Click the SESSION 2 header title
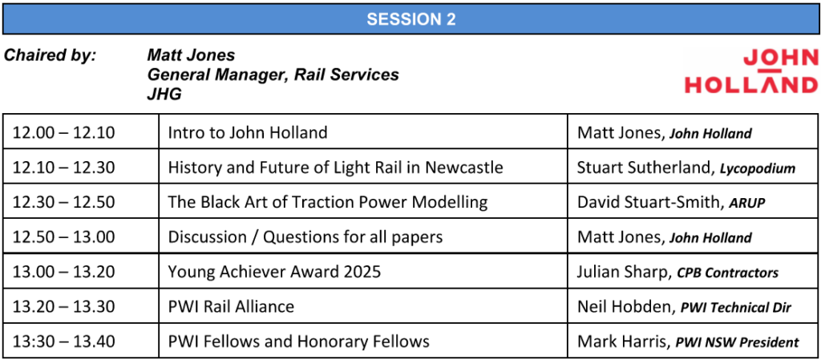411,19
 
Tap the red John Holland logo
750,71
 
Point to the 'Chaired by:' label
51,55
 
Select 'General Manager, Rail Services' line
273,75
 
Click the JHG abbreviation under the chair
164,95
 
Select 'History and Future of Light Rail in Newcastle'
336,168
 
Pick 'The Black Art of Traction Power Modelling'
328,202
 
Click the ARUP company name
747,203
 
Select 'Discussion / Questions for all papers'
305,237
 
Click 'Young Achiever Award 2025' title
274,272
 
